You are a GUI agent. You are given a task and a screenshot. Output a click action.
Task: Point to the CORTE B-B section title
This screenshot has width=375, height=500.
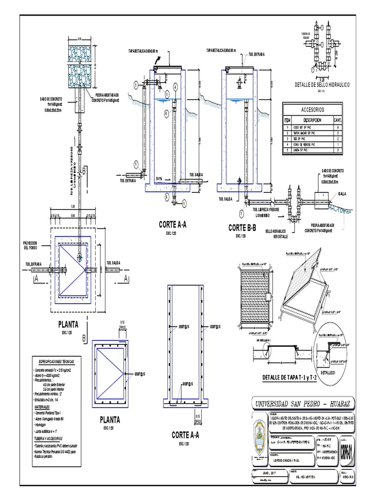click(x=243, y=228)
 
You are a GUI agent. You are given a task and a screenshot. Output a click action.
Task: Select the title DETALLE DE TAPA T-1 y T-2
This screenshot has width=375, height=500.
click(x=290, y=377)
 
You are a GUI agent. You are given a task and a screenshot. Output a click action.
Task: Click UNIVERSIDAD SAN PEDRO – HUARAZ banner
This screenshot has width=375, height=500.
click(x=303, y=403)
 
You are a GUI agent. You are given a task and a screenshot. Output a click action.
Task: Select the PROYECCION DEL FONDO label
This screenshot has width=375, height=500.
click(x=30, y=245)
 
